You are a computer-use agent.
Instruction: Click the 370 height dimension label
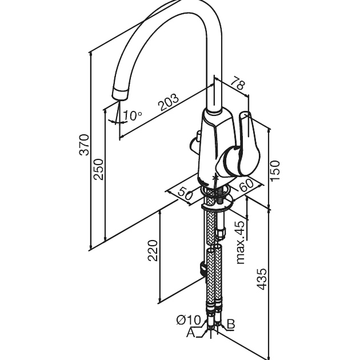click(x=84, y=145)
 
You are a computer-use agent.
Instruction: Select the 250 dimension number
click(x=98, y=170)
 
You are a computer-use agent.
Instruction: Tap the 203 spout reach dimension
click(x=169, y=102)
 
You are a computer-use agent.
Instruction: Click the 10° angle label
click(x=133, y=115)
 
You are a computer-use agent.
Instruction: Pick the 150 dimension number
click(x=275, y=171)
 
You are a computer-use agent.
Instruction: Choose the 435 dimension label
click(x=262, y=279)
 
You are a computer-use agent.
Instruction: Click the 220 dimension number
click(x=153, y=250)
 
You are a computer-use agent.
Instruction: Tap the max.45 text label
click(x=241, y=243)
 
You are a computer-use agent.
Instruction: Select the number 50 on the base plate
click(x=185, y=193)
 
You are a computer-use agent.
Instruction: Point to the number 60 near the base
click(x=246, y=185)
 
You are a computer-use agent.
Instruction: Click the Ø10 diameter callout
click(x=189, y=320)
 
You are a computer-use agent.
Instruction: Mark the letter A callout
click(x=191, y=333)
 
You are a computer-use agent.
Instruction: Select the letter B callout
click(x=231, y=324)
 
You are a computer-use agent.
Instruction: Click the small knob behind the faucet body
click(x=195, y=142)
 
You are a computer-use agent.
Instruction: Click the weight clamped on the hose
click(x=203, y=268)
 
